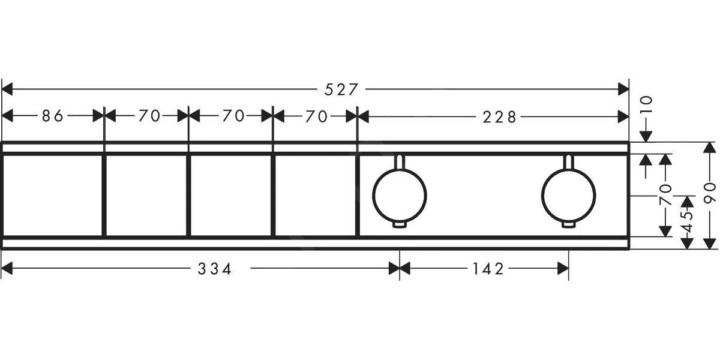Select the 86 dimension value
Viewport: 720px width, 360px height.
[53, 116]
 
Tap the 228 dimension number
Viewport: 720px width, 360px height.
[499, 117]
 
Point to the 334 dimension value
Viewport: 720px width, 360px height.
[215, 269]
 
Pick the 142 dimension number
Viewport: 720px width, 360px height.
[484, 269]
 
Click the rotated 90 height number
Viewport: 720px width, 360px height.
[710, 195]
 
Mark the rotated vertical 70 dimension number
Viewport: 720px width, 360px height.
[665, 195]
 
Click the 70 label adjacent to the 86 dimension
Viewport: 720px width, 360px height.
[149, 116]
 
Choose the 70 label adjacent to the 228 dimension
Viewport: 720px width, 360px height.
[316, 116]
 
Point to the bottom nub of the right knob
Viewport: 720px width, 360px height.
[568, 225]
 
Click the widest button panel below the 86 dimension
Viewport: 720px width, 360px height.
[53, 195]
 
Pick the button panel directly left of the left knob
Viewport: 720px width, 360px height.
[315, 195]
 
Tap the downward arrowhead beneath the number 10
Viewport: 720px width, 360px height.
[646, 137]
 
